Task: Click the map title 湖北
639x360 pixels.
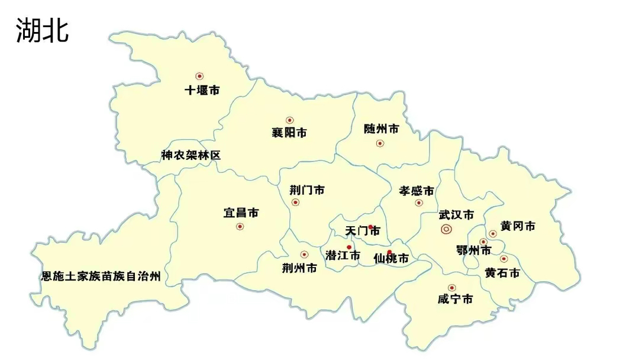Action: pos(42,30)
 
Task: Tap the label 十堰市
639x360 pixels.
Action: pos(202,91)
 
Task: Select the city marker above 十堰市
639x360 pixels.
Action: pos(199,76)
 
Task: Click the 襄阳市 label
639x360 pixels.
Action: pos(289,133)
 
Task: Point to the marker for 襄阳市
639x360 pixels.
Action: pos(289,120)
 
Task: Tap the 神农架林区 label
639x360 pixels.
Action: pos(191,155)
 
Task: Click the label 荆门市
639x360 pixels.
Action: pos(306,190)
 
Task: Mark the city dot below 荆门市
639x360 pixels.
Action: pos(295,202)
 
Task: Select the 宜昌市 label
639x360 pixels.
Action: pos(241,213)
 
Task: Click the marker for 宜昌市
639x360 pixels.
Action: pos(240,226)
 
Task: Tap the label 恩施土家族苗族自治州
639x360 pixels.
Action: pos(101,276)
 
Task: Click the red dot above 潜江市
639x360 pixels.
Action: pos(349,247)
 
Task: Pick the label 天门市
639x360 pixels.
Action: pos(362,231)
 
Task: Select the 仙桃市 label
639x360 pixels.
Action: pos(391,259)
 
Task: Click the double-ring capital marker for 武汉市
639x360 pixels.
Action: pos(446,229)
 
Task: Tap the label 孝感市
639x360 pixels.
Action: pos(416,191)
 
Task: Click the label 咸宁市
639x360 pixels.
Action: pos(455,300)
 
